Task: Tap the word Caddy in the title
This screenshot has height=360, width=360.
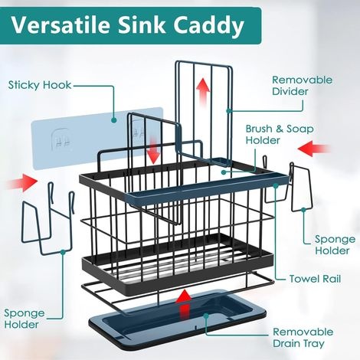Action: point(208,27)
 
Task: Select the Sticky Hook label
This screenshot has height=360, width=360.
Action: point(40,85)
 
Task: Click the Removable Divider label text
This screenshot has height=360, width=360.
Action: point(303,86)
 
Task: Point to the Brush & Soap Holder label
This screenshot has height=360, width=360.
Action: point(280,135)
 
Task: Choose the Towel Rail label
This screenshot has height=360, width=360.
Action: point(316,279)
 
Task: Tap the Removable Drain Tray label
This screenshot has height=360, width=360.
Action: point(303,338)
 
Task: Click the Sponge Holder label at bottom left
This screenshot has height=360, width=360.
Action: point(25,319)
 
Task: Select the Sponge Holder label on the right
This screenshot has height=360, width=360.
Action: point(335,244)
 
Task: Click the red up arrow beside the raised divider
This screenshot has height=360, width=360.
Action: point(203,91)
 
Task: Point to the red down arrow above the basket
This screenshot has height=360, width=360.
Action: point(154,150)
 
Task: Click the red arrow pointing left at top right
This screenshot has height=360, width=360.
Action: point(313,148)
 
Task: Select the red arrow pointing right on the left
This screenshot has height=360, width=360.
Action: point(21,182)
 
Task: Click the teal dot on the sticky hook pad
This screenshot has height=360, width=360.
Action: point(114,120)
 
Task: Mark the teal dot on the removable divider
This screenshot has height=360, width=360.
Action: point(228,110)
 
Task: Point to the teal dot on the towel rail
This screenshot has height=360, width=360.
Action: point(276,185)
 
